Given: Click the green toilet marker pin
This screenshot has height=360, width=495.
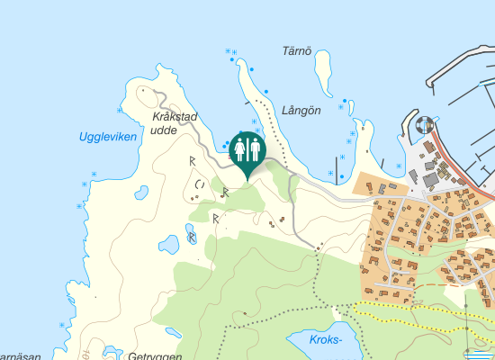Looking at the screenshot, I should pyautogui.click(x=246, y=149).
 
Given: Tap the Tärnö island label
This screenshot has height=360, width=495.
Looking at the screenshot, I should pyautogui.click(x=295, y=52).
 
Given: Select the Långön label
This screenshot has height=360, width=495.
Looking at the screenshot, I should pyautogui.click(x=301, y=110).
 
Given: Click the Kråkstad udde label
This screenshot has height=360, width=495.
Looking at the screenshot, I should pyautogui.click(x=174, y=123).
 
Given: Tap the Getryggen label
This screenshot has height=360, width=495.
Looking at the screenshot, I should pyautogui.click(x=155, y=355).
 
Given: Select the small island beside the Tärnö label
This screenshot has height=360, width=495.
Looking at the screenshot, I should pyautogui.click(x=323, y=64).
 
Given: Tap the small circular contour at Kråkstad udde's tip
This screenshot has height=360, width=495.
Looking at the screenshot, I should pyautogui.click(x=141, y=91).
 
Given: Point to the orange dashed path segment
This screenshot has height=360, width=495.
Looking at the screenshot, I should pyautogui.click(x=450, y=284).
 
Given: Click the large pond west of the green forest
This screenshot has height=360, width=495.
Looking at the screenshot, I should pyautogui.click(x=169, y=244).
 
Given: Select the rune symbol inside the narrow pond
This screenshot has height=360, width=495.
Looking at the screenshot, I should pyautogui.click(x=191, y=238).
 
